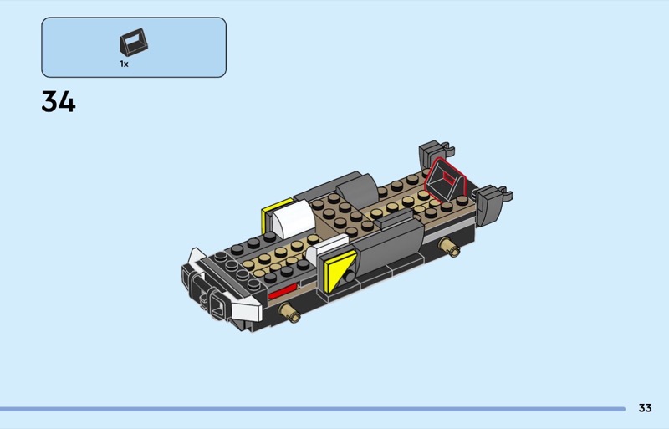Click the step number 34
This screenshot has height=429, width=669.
[x=59, y=101]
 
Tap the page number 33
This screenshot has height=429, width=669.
[x=645, y=408]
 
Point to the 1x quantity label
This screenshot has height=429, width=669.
[x=124, y=64]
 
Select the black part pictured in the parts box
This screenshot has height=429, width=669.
[x=134, y=43]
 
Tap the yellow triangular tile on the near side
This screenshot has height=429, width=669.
[x=338, y=271]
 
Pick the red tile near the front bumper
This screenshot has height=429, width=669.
[x=282, y=292]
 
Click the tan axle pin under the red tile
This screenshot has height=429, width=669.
[x=289, y=313]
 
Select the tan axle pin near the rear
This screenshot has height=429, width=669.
[x=450, y=248]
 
